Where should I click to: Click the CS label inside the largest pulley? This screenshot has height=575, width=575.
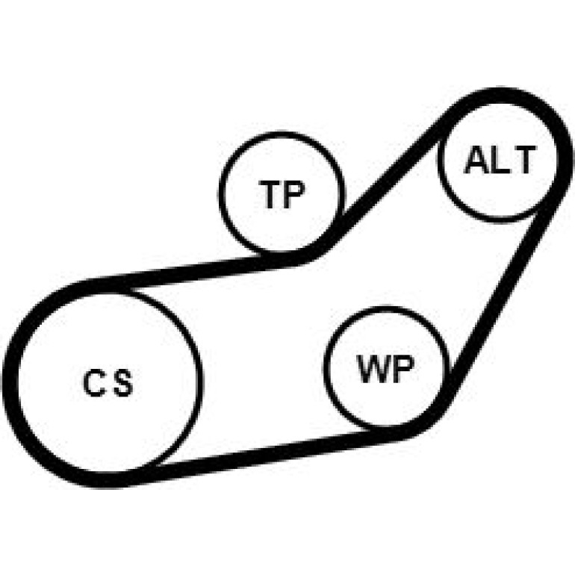108,383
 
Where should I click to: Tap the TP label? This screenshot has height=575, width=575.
282,194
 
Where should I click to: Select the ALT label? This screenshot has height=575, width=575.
500,160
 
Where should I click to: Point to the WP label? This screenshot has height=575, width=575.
386,369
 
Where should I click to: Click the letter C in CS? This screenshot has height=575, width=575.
94,383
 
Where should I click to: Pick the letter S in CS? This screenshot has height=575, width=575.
122,383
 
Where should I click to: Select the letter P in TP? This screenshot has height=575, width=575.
294,194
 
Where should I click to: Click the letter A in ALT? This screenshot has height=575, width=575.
476,160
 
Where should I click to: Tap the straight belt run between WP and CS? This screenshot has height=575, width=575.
267,455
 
